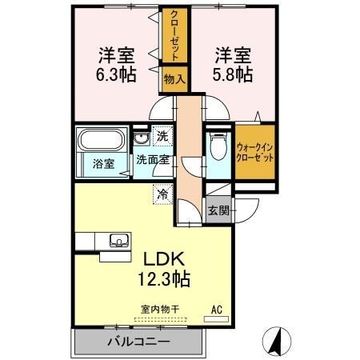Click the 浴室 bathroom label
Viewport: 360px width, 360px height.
[104, 163]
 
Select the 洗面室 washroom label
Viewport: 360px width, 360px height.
[151, 160]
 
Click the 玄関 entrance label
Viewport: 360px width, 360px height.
[218, 210]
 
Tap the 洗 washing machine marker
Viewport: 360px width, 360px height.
[162, 136]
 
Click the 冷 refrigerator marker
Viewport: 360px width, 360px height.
[162, 194]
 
